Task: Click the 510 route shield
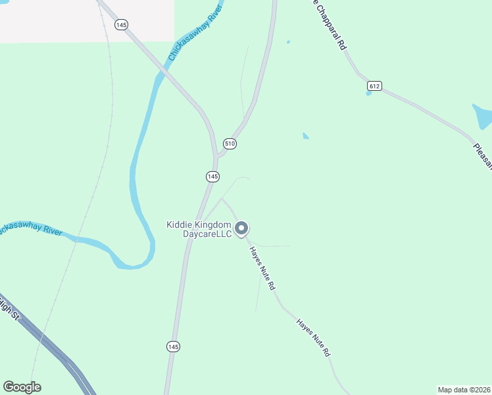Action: point(230,144)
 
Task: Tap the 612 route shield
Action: point(374,86)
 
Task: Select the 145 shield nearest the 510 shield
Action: point(212,176)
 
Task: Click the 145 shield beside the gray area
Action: point(120,24)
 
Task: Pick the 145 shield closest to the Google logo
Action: point(172,346)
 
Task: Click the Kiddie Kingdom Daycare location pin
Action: point(241,228)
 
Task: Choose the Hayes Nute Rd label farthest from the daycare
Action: point(313,338)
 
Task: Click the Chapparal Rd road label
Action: point(330,24)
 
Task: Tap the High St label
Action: point(9,309)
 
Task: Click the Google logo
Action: point(22,387)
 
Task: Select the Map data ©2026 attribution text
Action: point(464,390)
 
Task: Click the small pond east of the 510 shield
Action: point(305,136)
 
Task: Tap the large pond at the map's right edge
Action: point(483,116)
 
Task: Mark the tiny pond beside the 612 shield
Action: point(369,93)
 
